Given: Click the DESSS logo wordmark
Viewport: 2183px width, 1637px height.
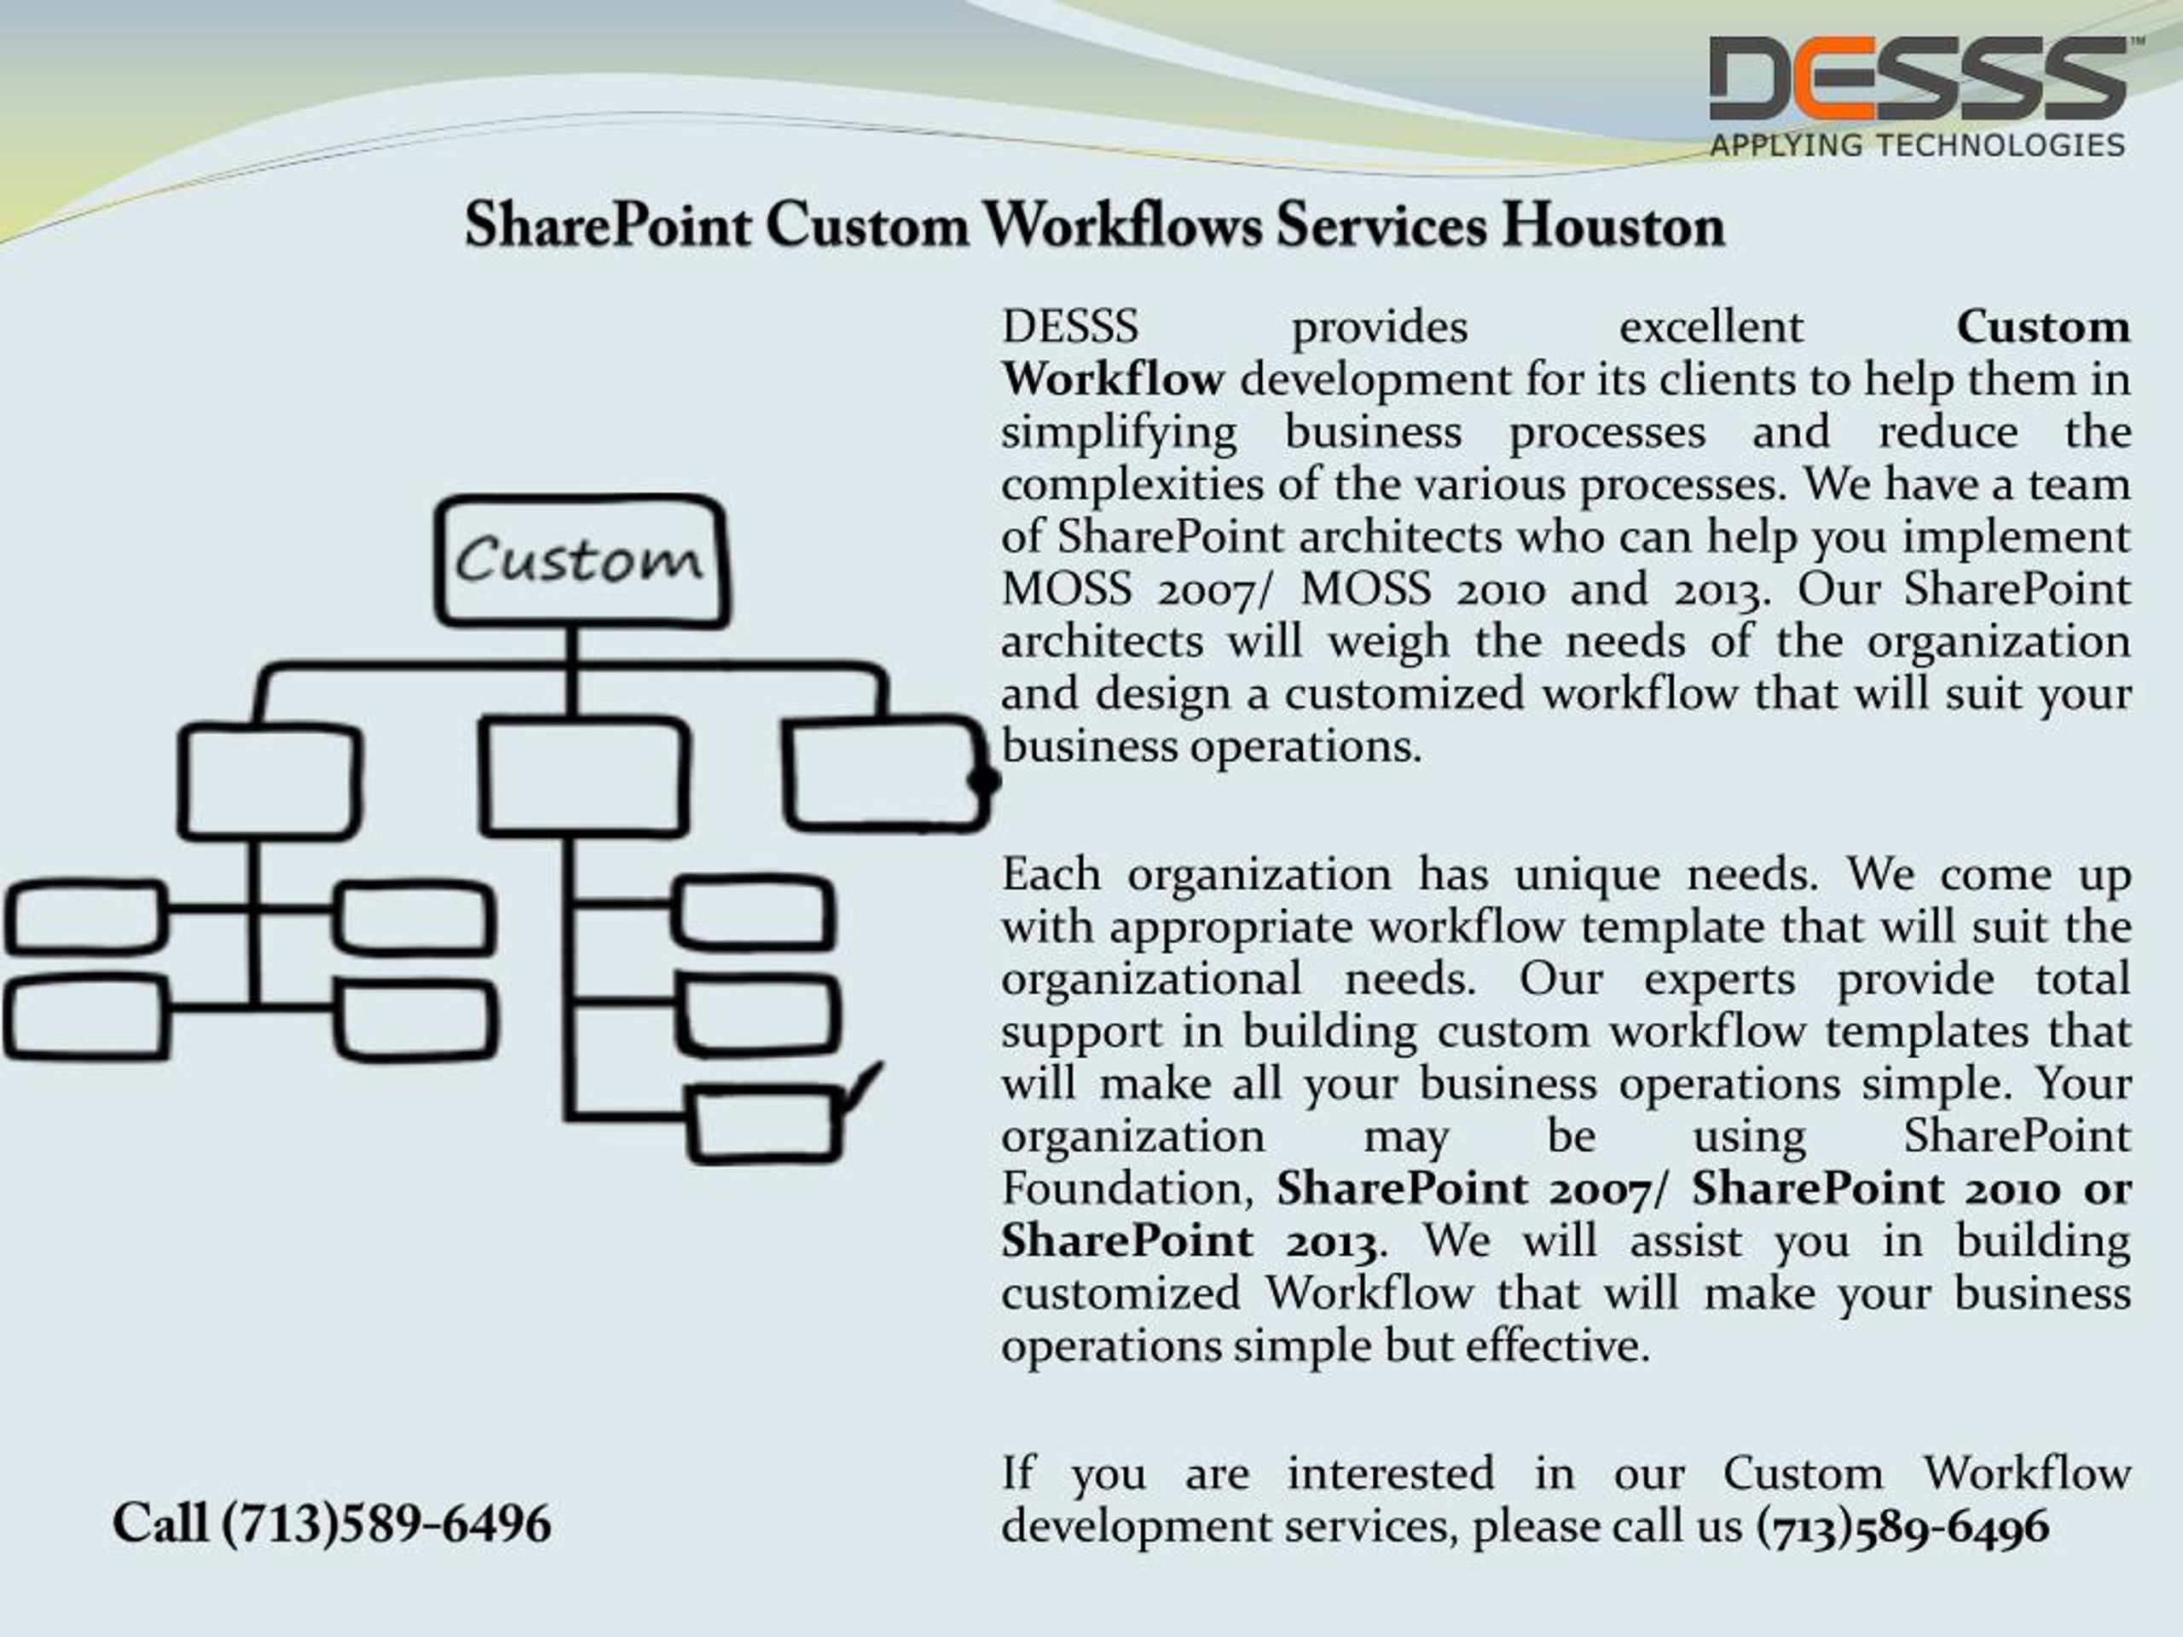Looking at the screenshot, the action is (x=1918, y=79).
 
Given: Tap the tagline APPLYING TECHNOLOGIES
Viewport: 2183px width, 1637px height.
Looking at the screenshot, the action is (x=1918, y=146).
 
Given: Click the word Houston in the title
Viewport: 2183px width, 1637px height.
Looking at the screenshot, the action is (x=1613, y=226).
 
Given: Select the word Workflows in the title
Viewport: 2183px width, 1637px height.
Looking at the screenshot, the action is (x=1123, y=226).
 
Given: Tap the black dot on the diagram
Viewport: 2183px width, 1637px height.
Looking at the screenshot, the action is (x=984, y=780).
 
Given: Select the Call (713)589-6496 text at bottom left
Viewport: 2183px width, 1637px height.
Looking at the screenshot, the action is (x=332, y=1524).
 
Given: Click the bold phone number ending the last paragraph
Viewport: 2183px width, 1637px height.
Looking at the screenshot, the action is (x=1902, y=1526).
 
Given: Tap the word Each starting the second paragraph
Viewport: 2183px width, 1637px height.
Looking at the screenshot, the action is (x=1050, y=874).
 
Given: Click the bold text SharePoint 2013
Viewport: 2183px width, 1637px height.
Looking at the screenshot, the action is (x=1190, y=1241).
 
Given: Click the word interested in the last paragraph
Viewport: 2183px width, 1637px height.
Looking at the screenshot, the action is (x=1391, y=1474).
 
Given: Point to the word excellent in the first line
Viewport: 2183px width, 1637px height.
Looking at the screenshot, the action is (x=1711, y=327).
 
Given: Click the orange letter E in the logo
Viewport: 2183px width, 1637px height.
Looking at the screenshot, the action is (x=1838, y=79).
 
